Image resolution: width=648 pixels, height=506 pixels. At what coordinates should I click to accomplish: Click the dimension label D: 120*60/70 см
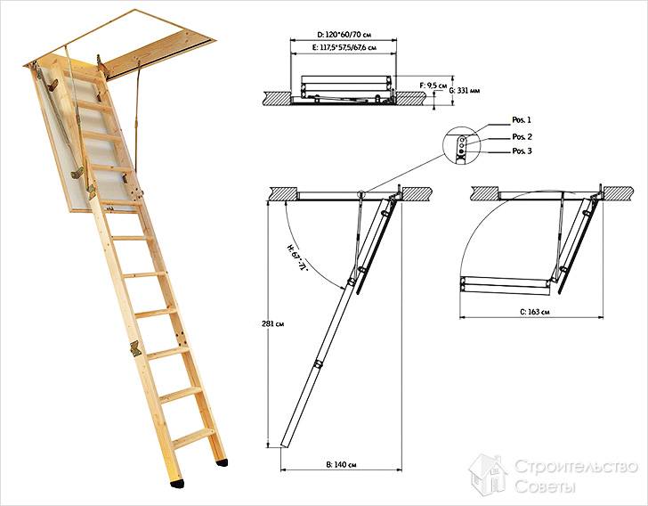coord(344,35)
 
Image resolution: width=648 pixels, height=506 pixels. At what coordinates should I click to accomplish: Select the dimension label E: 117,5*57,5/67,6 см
coord(344,47)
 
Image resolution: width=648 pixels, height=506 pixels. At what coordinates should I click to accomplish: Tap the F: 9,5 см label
coord(433,86)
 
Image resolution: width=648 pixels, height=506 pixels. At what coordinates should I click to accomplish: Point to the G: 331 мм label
coord(464,90)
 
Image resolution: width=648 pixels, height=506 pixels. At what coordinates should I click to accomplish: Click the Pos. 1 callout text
coord(522,120)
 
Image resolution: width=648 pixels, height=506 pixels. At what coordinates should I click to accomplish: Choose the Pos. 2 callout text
coord(522,136)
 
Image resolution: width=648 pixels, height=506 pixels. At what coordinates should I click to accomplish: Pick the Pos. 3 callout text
coord(522,151)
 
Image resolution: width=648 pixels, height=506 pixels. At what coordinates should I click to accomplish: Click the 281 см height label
coord(272,323)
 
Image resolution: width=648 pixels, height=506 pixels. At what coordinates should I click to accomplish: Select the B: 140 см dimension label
coord(341,465)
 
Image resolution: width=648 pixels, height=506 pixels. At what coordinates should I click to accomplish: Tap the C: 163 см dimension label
coord(534,312)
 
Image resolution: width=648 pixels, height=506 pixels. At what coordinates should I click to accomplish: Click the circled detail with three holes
coord(461,146)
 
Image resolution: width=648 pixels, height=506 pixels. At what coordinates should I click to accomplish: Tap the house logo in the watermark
coord(489,475)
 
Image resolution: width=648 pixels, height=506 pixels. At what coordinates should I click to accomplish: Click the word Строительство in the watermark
coord(576,467)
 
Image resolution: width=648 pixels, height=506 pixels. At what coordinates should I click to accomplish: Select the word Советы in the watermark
coord(545,486)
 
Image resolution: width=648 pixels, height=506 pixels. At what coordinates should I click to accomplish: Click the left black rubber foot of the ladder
coord(177,484)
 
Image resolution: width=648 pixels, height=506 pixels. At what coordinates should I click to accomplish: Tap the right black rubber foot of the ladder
coord(222,462)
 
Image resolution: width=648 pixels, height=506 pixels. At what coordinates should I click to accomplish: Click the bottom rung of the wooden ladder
coord(192,438)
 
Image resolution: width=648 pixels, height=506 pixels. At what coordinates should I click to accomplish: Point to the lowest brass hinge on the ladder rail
coord(135,348)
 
